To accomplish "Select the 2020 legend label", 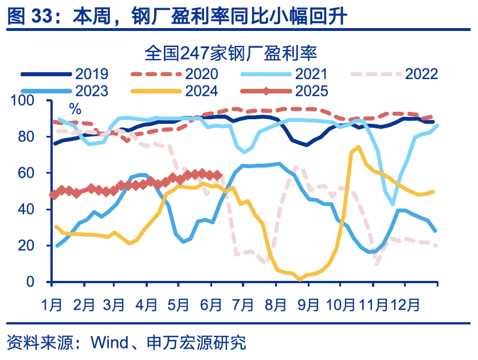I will pos(201,73).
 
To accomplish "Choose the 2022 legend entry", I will pos(421,73).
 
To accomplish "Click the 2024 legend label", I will pos(201,91).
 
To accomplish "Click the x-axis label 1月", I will pos(52,304).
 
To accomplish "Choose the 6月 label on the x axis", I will pos(211,304).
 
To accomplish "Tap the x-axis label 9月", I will pos(307,304).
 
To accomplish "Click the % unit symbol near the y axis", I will pos(75,109).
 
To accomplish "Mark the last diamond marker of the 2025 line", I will pos(218,175).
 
